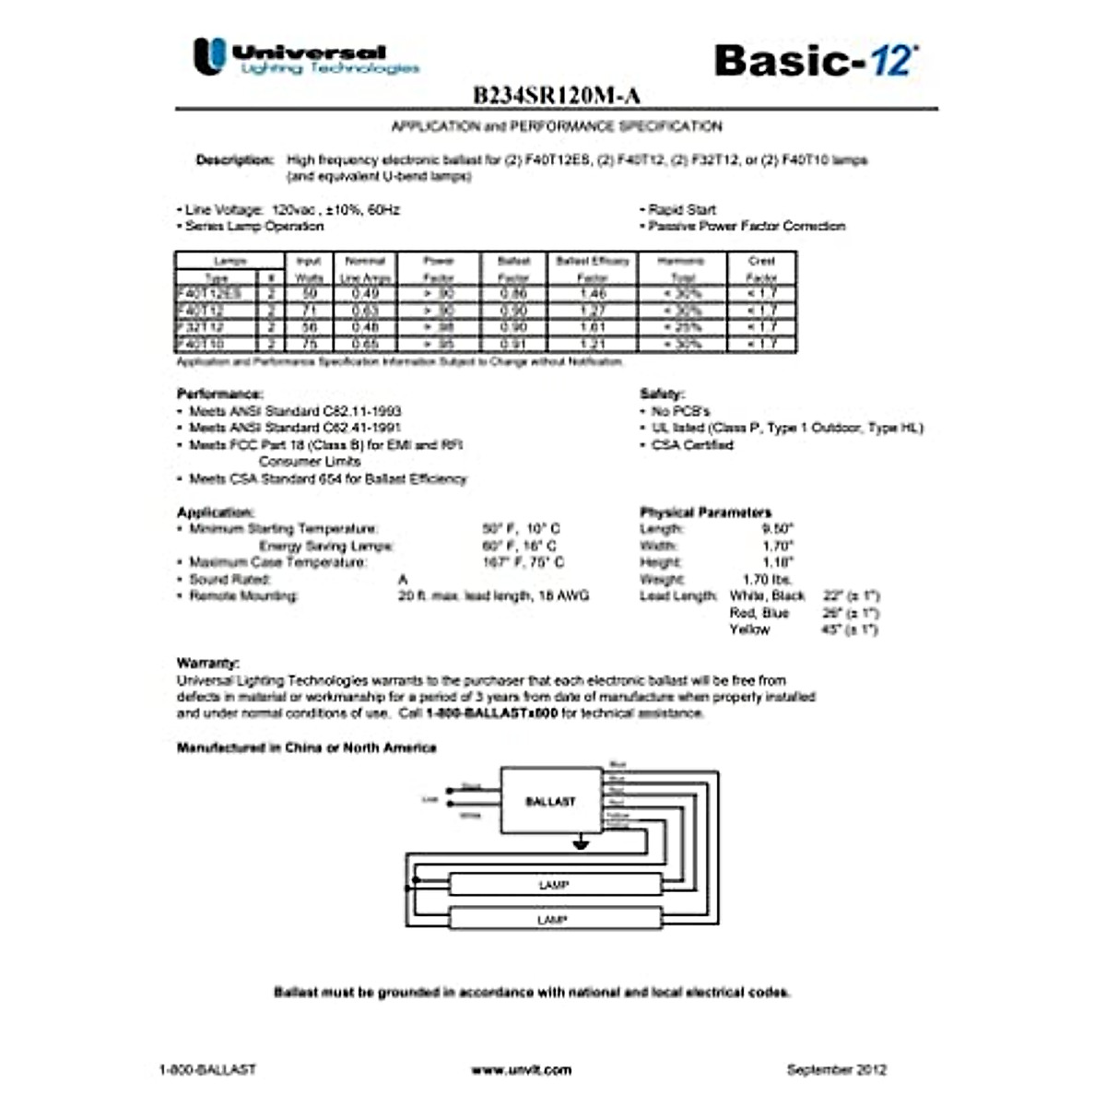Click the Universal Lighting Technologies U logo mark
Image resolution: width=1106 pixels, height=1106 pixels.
click(x=209, y=56)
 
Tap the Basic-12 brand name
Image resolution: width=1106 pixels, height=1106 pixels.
click(x=815, y=60)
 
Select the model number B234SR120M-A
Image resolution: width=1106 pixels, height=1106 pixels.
click(x=556, y=96)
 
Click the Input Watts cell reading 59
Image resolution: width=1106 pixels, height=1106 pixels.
click(x=309, y=293)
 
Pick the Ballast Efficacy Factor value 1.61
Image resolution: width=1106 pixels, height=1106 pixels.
click(x=593, y=327)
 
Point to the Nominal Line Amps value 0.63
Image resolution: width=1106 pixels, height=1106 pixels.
click(x=365, y=311)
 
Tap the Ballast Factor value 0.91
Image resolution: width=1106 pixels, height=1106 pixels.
click(x=513, y=344)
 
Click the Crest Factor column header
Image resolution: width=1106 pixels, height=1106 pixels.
click(x=761, y=268)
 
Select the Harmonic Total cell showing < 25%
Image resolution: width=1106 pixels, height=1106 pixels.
click(x=682, y=327)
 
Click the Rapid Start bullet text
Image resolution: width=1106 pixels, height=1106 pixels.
click(x=681, y=209)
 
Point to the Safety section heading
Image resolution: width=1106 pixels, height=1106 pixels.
click(x=662, y=394)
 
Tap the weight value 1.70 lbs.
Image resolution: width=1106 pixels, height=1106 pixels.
click(x=768, y=580)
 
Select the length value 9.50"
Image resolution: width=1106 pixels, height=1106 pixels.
click(x=777, y=529)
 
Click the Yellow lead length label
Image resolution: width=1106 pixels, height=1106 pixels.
click(x=749, y=629)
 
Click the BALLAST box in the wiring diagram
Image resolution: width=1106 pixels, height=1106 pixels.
click(x=550, y=801)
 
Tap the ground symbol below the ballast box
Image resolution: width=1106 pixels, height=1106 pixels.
click(x=580, y=841)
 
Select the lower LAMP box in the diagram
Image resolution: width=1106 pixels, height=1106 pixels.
click(x=553, y=919)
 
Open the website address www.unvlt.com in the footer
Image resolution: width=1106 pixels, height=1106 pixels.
click(x=521, y=1070)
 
